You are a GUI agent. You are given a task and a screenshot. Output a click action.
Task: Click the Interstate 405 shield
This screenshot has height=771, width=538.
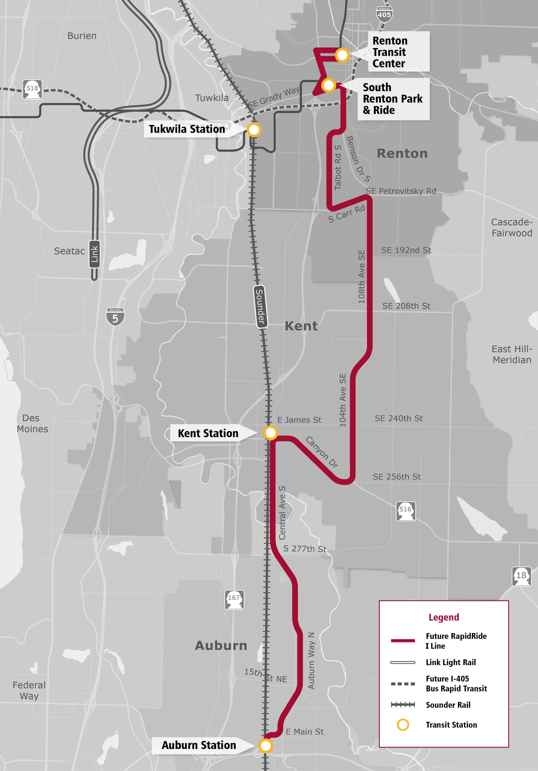click(x=384, y=14)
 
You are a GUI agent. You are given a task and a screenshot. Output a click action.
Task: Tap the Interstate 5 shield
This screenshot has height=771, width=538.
click(x=115, y=316)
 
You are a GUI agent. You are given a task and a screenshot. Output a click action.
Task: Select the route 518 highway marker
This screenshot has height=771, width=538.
click(x=32, y=89)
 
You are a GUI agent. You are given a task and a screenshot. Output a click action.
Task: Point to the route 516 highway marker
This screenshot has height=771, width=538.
click(x=405, y=511)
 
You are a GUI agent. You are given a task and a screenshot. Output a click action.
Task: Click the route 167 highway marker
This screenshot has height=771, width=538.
click(x=234, y=600)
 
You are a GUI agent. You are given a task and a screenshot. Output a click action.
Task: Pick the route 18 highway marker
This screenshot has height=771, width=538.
click(x=521, y=576)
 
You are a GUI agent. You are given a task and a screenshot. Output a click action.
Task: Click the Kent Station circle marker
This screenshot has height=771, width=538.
click(x=270, y=433)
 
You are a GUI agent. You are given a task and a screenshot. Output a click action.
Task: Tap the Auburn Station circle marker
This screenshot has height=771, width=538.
click(x=265, y=746)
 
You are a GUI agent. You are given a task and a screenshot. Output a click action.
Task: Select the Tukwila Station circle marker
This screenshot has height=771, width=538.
click(x=254, y=129)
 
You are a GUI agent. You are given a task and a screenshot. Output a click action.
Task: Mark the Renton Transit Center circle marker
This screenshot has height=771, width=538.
click(x=342, y=55)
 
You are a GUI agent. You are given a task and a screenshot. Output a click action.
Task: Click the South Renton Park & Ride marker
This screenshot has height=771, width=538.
click(x=328, y=85)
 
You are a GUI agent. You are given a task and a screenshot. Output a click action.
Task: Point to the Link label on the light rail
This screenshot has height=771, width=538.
click(x=95, y=253)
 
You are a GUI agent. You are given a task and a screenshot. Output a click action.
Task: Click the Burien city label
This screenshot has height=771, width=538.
click(x=82, y=36)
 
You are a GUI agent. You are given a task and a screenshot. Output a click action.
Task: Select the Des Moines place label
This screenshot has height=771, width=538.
click(x=32, y=423)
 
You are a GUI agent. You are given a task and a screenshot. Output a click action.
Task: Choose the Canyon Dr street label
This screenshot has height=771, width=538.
click(x=322, y=452)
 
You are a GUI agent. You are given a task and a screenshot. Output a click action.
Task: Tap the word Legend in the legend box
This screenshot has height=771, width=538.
click(x=444, y=617)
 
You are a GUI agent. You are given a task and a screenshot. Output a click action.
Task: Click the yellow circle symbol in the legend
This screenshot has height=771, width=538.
click(x=403, y=725)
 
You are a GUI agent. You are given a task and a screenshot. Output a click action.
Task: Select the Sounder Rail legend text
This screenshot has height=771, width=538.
click(x=448, y=705)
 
